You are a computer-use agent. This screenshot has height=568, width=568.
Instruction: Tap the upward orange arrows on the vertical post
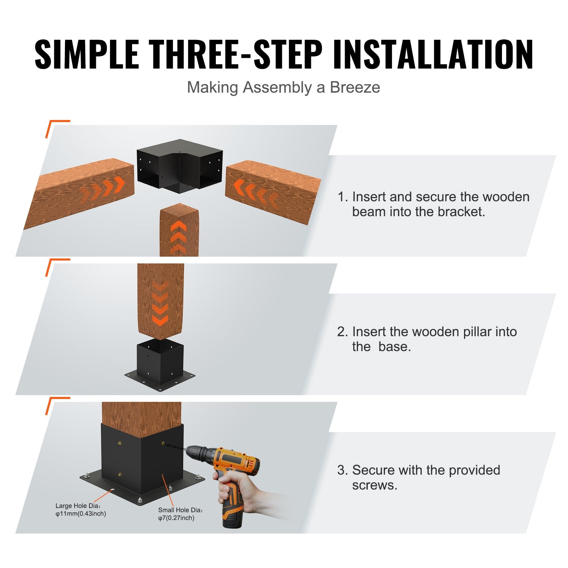click(x=179, y=236)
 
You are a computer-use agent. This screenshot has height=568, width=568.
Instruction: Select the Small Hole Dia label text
click(x=181, y=510)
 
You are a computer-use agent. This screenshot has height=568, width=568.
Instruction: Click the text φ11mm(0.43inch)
click(x=81, y=514)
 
